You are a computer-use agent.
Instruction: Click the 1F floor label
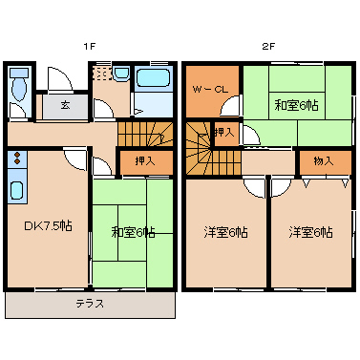point(90,47)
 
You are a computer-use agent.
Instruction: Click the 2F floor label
point(268,47)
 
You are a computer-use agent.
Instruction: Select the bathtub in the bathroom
point(152,78)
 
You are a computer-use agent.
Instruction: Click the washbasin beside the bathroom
point(121,74)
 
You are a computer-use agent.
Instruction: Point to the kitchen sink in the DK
point(16,190)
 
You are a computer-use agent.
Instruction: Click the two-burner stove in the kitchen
point(17,159)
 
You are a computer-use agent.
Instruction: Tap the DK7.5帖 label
point(48,226)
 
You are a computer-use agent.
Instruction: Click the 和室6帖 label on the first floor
point(133,232)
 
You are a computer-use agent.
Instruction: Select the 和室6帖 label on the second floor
point(296,105)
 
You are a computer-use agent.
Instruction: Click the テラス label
point(90,304)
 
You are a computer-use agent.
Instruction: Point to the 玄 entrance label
point(65,105)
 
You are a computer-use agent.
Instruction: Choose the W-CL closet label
point(210,89)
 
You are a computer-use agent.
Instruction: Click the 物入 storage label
point(324,161)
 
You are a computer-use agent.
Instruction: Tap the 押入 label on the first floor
point(145,161)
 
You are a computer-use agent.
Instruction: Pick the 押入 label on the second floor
point(224,133)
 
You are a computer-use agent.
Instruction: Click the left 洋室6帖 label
point(226,233)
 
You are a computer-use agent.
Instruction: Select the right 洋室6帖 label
point(311,233)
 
